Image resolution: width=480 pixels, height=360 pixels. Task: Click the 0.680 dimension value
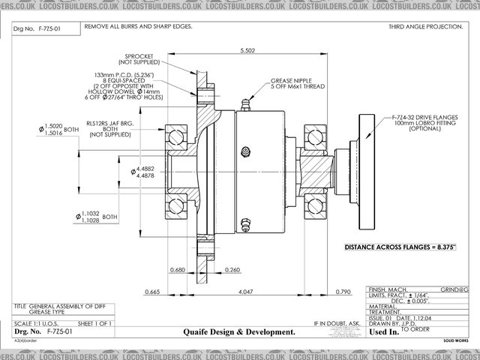click(x=178, y=269)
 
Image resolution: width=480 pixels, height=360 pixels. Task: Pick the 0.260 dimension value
click(x=232, y=269)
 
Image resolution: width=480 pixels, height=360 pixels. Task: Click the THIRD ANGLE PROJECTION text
click(x=424, y=26)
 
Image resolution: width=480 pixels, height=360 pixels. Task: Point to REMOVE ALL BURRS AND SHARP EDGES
click(x=138, y=26)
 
